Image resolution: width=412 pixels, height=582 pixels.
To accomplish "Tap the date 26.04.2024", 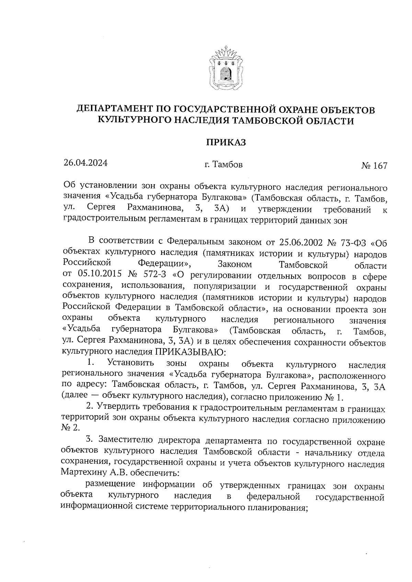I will [x=85, y=163].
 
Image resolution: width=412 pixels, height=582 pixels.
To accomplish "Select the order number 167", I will [x=380, y=166].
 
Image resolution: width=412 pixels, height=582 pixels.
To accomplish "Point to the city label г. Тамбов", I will [x=224, y=165].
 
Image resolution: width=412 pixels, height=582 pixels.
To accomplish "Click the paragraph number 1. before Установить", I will [x=91, y=363].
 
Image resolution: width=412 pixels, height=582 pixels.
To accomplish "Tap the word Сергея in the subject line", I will [x=101, y=208].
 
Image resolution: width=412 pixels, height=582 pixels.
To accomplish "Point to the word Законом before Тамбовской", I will [x=235, y=265].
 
